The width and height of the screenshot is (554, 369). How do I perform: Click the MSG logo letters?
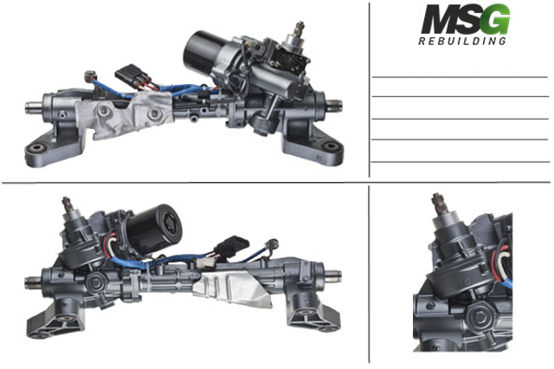(465, 20)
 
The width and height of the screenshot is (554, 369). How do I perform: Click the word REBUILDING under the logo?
(463, 42)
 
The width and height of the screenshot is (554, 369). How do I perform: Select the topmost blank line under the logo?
(460, 78)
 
